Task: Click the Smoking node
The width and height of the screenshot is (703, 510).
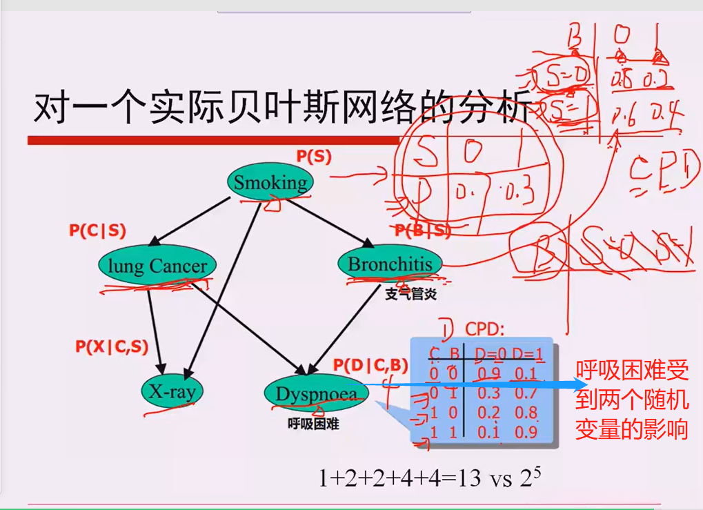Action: point(270,183)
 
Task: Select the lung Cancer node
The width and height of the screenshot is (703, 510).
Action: point(157,266)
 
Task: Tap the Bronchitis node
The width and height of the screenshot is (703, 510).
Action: point(390,264)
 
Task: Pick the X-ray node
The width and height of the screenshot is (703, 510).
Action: point(173,393)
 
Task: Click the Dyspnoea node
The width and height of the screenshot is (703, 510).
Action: point(316,394)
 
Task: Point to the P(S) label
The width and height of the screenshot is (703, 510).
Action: point(314,157)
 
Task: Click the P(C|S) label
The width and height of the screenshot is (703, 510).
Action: point(97,231)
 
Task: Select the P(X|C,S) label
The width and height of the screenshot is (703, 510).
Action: point(112,347)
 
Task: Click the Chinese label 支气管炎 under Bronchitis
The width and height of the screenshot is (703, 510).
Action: point(411,295)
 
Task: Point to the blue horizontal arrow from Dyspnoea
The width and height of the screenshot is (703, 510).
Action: point(469,384)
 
